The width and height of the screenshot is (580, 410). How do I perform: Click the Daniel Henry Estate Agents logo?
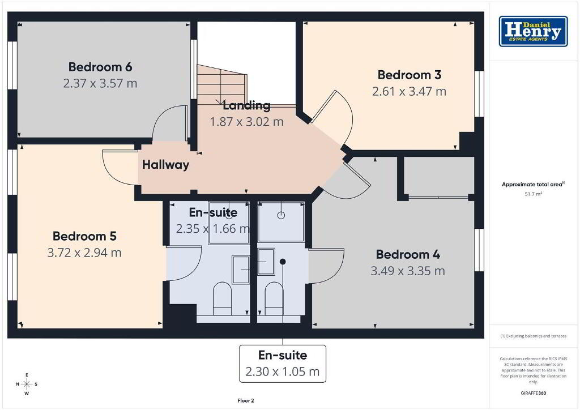coord(533,31)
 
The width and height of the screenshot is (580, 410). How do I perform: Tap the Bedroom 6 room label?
coord(100,67)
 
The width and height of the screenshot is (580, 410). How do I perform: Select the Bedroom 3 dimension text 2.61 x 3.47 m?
coord(409,91)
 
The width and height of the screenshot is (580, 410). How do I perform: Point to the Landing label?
coord(246,106)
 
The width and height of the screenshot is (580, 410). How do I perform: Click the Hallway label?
coord(165,165)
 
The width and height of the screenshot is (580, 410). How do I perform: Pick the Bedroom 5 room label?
coord(84,236)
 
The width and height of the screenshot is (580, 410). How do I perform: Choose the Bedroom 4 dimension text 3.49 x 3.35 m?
coord(408,271)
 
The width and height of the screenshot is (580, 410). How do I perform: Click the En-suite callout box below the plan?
coord(283,364)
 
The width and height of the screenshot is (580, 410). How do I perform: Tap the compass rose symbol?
coord(27,384)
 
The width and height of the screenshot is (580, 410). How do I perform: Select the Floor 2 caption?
coord(246,401)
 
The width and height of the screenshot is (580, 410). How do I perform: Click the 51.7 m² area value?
coord(533,194)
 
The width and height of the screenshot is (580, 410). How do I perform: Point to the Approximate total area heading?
coord(533,184)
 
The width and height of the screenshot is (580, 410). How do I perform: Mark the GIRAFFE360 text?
coord(533,393)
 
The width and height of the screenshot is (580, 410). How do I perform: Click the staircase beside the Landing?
coord(221,85)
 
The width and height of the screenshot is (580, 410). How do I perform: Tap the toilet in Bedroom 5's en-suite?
coord(222,298)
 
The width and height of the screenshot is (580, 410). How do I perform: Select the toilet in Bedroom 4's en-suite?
coord(274,298)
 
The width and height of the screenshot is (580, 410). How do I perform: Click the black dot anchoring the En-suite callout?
coord(283,262)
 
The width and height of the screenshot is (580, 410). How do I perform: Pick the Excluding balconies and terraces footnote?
coord(533,336)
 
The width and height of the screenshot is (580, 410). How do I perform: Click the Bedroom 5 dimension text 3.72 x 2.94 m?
coord(84,253)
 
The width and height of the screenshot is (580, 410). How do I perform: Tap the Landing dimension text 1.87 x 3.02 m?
coord(246,122)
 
